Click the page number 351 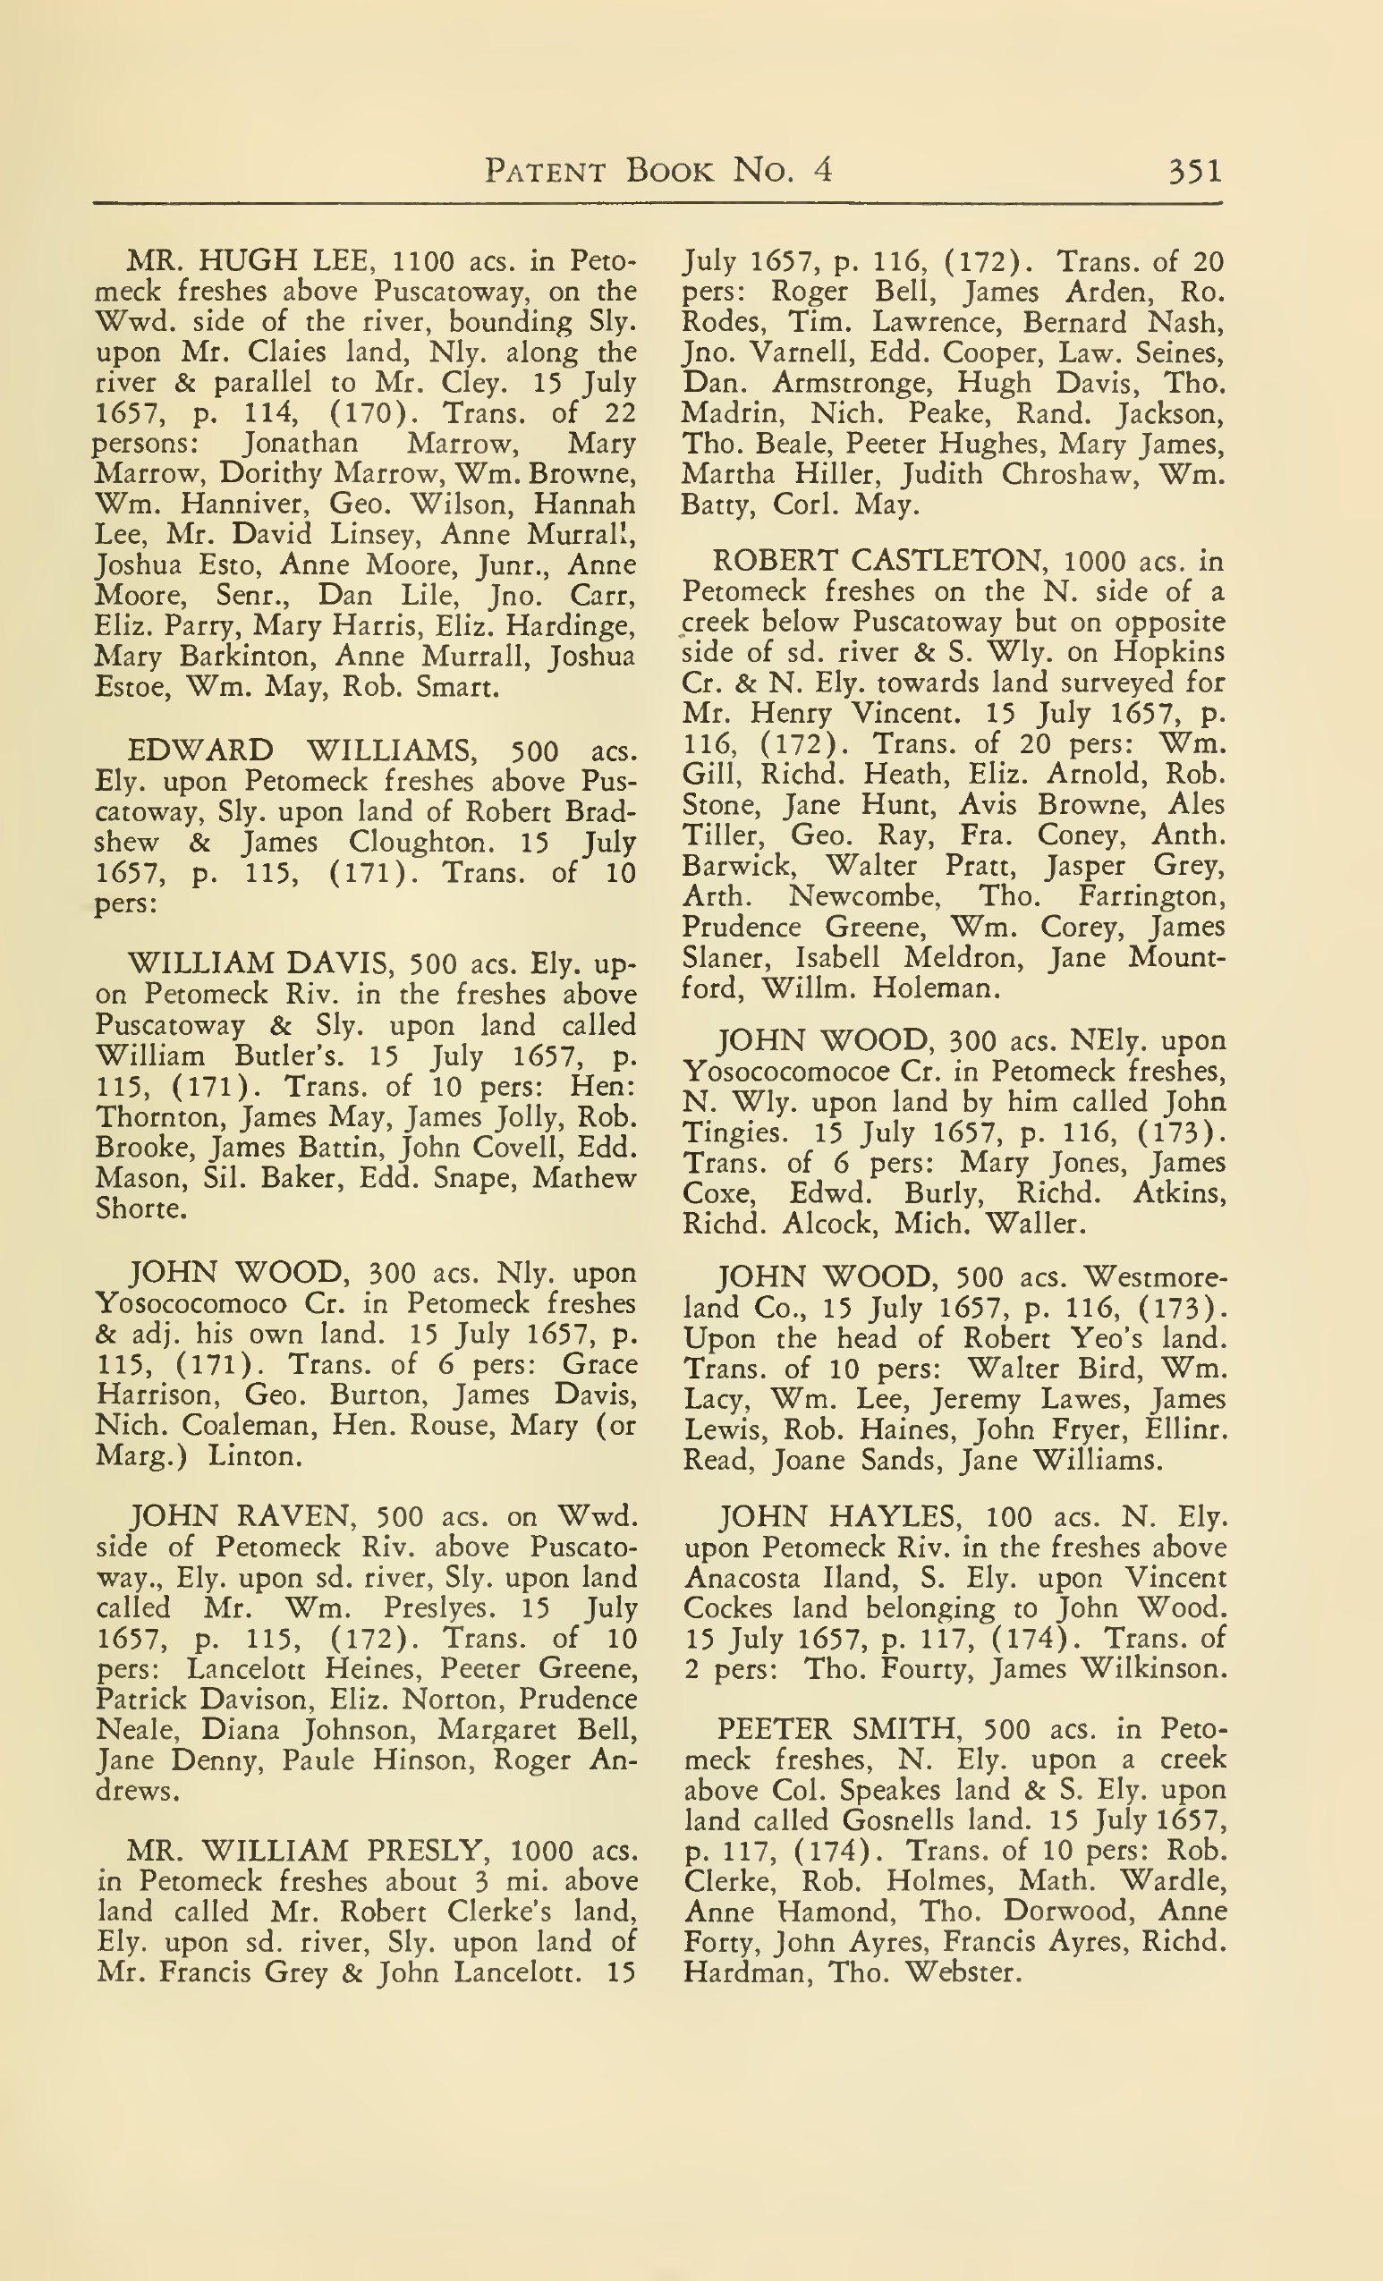pyautogui.click(x=1195, y=170)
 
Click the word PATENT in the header pyautogui.click(x=546, y=170)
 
